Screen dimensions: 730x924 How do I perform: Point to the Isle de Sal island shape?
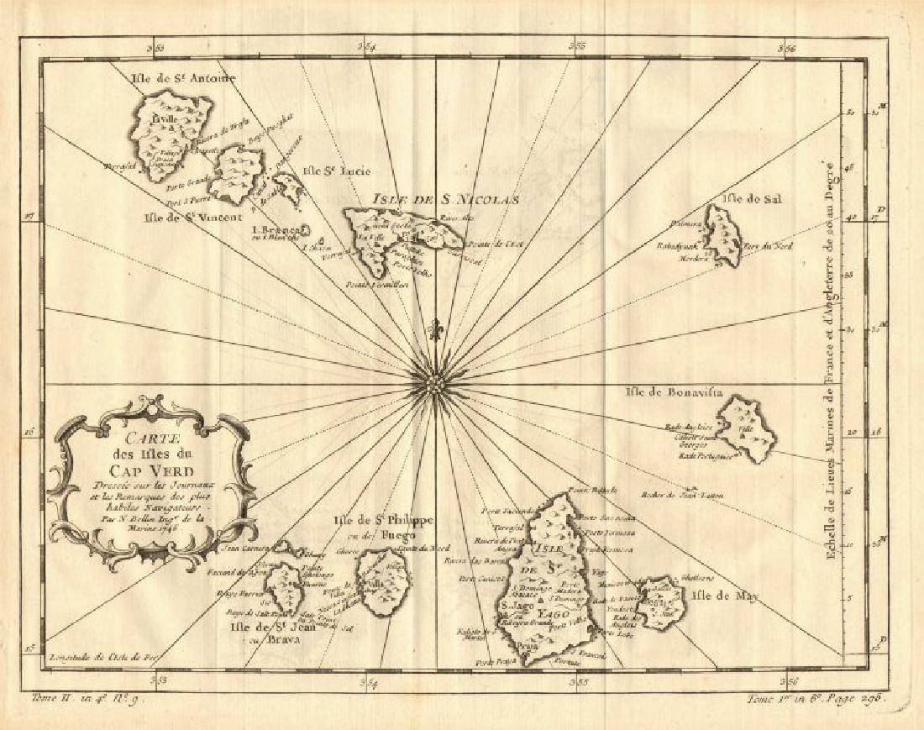pos(722,236)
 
